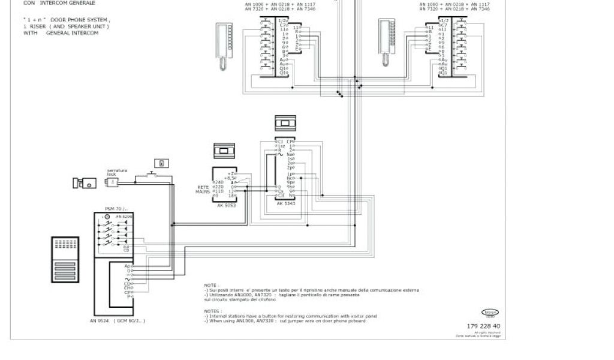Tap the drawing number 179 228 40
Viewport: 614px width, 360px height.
483,326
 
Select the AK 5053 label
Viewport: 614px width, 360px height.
225,205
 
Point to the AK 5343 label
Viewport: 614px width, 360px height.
285,204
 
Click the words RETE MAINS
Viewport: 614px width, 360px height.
203,190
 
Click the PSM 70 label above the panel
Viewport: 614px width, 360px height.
113,209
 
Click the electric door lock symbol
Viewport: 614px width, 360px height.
83,182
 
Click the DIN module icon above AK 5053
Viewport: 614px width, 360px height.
225,150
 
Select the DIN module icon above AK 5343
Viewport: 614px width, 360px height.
285,123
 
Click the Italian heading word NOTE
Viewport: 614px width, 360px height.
210,285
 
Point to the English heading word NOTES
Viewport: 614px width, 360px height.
212,311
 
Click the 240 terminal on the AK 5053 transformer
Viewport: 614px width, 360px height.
218,182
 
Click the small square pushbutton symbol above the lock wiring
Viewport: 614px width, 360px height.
161,163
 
